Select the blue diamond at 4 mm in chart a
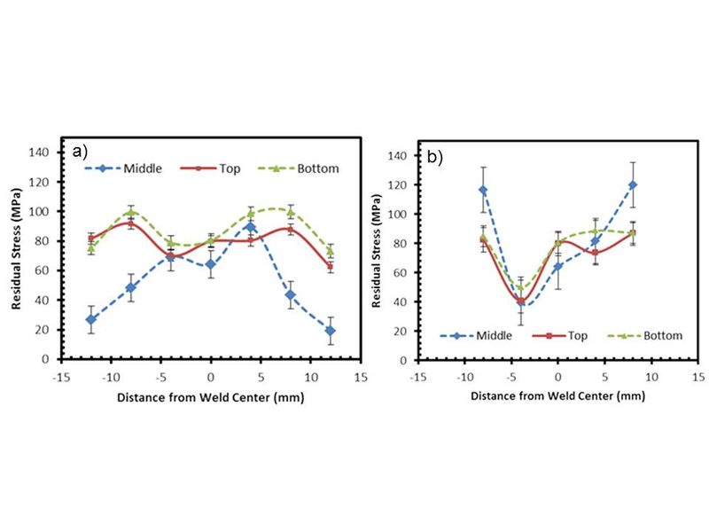(x=251, y=227)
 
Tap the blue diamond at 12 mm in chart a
(x=331, y=330)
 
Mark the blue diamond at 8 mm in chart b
(x=633, y=184)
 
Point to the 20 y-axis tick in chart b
(x=403, y=332)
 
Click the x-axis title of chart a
(x=209, y=396)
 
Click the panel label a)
(x=81, y=151)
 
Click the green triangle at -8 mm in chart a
(x=130, y=212)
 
